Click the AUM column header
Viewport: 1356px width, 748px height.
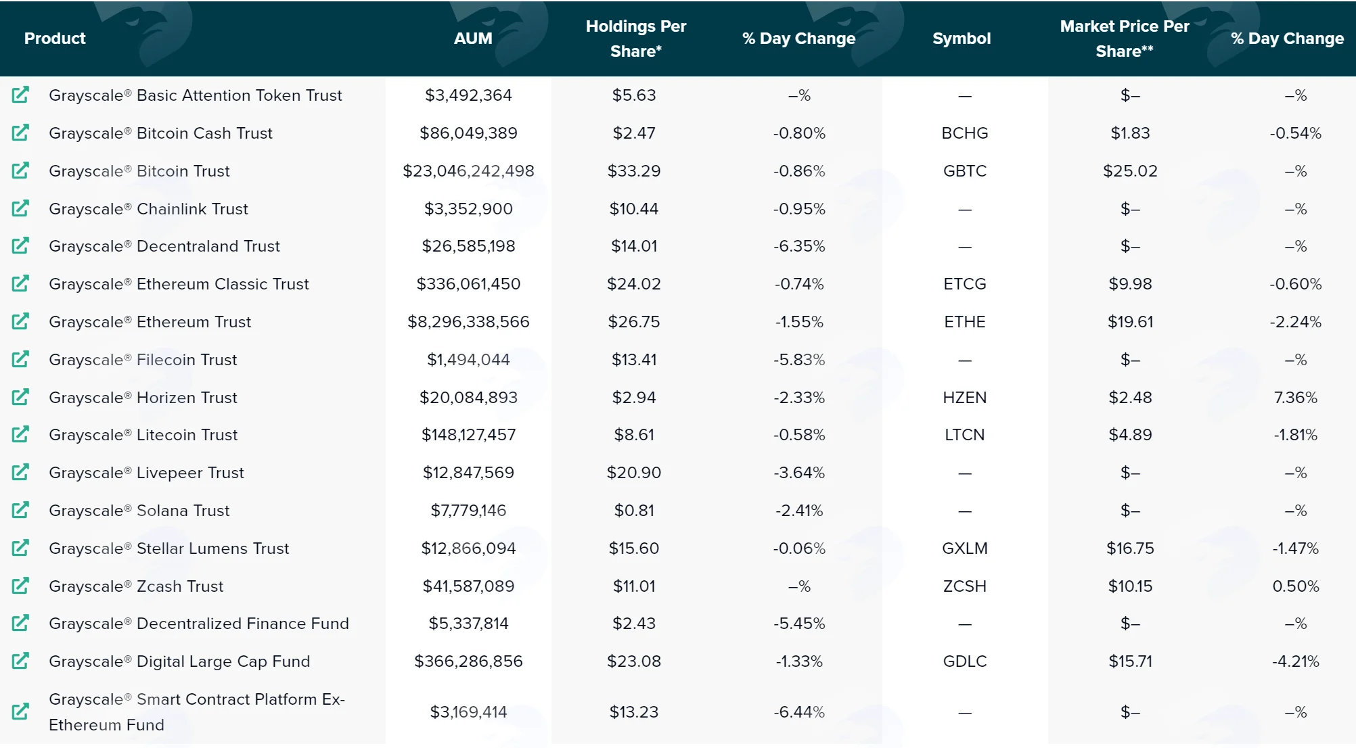(x=473, y=39)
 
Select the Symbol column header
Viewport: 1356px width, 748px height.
(x=962, y=39)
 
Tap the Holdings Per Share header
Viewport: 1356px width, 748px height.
(x=636, y=39)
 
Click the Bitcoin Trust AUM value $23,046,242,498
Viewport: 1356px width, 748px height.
(x=468, y=171)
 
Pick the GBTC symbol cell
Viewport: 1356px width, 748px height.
(x=965, y=171)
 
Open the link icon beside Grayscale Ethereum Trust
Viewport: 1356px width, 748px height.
(x=21, y=321)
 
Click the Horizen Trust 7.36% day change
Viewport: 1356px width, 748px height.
(x=1295, y=398)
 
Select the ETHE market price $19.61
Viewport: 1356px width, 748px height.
(x=1130, y=322)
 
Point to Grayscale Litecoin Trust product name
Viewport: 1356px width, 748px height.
(x=143, y=435)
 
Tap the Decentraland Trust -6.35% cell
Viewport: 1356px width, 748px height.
(x=799, y=246)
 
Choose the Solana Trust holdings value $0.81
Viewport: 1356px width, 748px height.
(x=634, y=511)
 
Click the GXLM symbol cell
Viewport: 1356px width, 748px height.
(x=965, y=548)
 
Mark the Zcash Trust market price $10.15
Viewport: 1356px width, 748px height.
(x=1130, y=586)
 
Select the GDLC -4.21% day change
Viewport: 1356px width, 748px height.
(x=1295, y=661)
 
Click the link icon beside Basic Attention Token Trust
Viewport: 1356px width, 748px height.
(x=21, y=95)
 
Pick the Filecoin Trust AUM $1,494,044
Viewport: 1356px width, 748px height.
(x=468, y=360)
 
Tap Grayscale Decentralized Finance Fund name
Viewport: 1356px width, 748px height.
(x=199, y=624)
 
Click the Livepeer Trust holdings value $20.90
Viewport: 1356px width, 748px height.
(x=634, y=473)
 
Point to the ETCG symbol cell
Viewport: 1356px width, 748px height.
(x=965, y=284)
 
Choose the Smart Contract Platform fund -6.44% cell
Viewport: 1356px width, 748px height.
(x=799, y=712)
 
